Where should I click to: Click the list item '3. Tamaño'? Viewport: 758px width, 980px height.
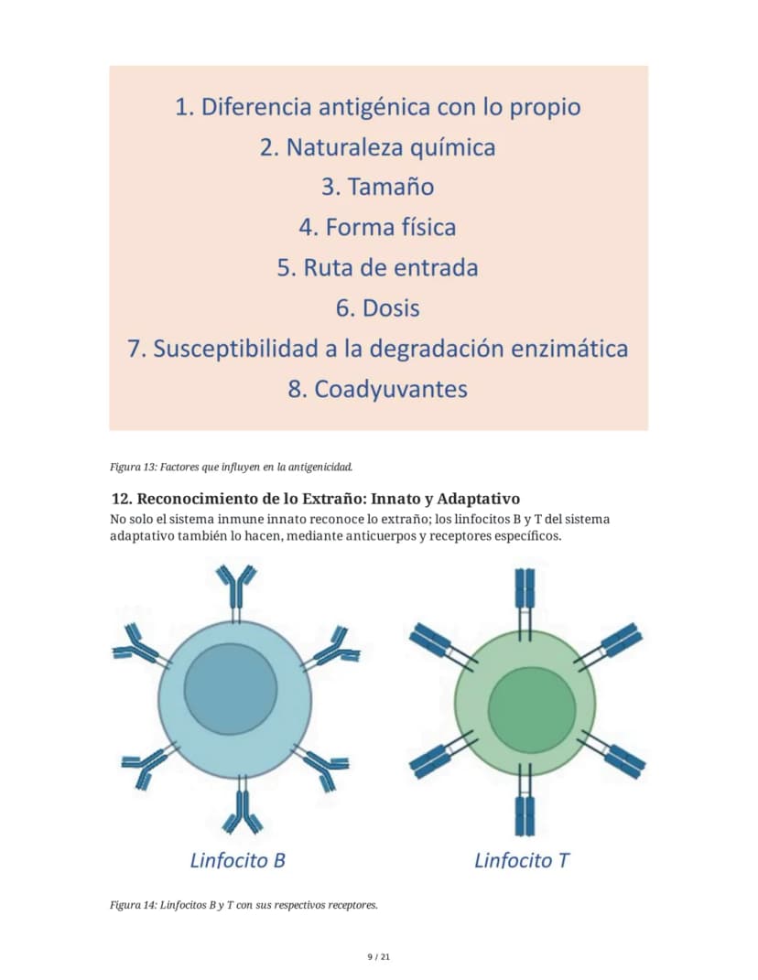click(x=378, y=187)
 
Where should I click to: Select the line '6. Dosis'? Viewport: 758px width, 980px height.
click(x=378, y=308)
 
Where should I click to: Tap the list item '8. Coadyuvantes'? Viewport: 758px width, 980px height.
click(x=378, y=389)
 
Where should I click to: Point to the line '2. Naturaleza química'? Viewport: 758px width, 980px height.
click(x=378, y=147)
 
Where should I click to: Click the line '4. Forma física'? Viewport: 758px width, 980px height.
click(x=378, y=227)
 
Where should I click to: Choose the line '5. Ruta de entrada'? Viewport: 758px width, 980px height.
click(x=378, y=267)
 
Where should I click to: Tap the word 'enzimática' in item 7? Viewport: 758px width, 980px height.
click(x=569, y=348)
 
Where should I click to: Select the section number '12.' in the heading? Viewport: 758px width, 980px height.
click(x=122, y=499)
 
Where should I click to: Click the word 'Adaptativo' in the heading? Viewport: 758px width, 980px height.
click(x=479, y=499)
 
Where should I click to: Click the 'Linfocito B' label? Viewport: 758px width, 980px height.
click(x=238, y=860)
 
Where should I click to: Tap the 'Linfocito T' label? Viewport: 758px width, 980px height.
click(x=522, y=860)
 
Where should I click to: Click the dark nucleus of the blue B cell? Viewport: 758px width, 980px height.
click(x=231, y=689)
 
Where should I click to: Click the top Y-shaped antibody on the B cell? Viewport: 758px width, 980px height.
click(x=236, y=590)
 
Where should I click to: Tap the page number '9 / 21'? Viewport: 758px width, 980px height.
click(x=379, y=957)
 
